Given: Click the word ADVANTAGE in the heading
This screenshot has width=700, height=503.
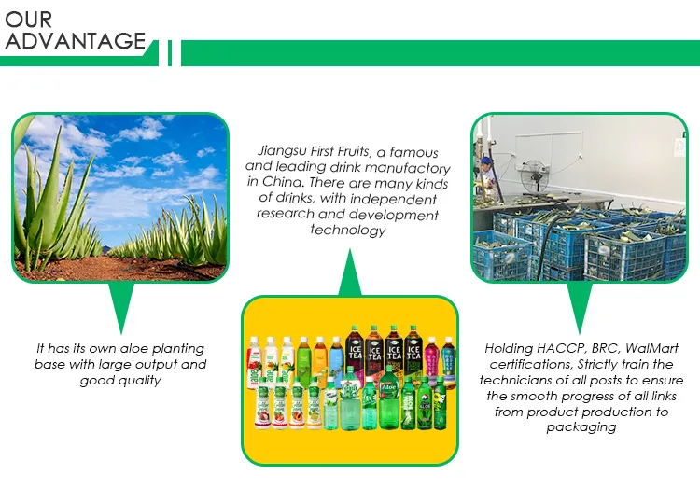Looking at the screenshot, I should pos(76,41).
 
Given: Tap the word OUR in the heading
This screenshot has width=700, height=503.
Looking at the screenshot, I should pos(29,20).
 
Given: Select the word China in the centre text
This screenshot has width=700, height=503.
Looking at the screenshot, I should pos(287,183).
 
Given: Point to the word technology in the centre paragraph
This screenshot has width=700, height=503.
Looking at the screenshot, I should pos(347,231).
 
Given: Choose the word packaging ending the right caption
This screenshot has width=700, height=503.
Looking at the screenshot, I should pos(581,427).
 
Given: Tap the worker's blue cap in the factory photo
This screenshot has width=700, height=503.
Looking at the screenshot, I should pos(485,161).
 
